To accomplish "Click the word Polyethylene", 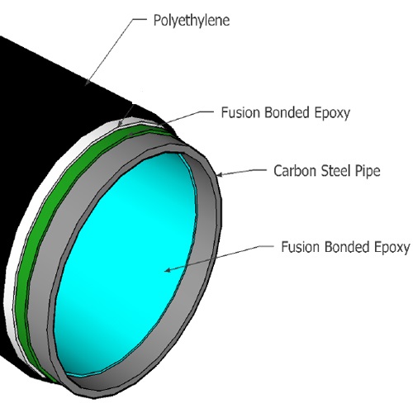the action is (x=192, y=21).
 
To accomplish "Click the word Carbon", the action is (x=295, y=171).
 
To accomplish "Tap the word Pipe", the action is (x=368, y=171).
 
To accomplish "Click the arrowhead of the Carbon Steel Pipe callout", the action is (x=219, y=174).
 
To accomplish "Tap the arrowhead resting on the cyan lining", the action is (x=168, y=270).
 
